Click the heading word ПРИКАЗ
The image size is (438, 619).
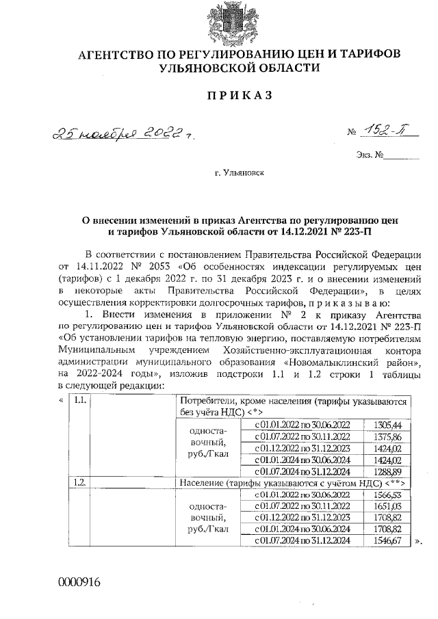coord(239,95)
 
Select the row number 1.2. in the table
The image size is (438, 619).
coord(79,483)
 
